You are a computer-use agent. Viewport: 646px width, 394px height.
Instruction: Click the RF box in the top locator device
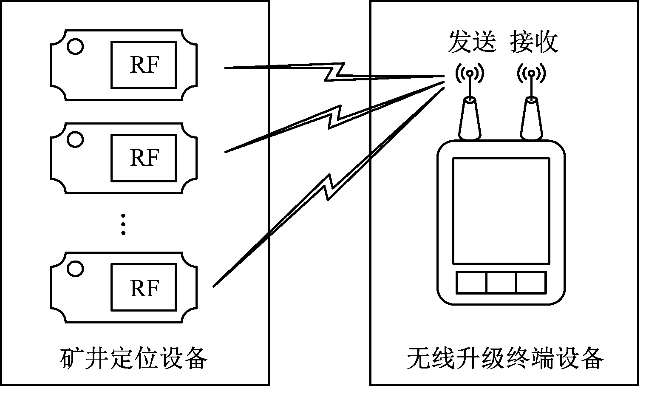[x=143, y=65]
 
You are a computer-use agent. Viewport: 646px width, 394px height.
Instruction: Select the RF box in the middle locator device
[x=143, y=158]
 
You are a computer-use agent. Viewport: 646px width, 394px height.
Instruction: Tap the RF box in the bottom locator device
[x=143, y=287]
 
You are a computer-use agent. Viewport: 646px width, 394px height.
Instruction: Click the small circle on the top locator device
[x=76, y=47]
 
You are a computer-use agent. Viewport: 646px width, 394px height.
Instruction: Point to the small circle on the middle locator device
[x=75, y=139]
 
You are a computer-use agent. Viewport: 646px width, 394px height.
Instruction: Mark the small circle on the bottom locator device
[x=75, y=269]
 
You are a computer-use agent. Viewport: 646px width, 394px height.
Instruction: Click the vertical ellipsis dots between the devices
[x=123, y=224]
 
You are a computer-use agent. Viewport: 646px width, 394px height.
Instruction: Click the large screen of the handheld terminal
[x=501, y=211]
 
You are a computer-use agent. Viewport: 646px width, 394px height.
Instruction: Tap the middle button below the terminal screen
[x=501, y=282]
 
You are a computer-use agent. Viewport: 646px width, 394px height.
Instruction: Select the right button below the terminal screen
[x=531, y=282]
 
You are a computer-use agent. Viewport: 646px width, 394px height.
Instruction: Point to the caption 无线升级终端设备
[x=504, y=358]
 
